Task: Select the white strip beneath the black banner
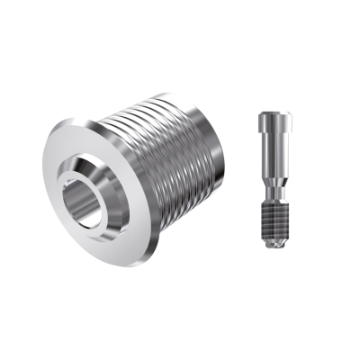click(180, 324)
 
